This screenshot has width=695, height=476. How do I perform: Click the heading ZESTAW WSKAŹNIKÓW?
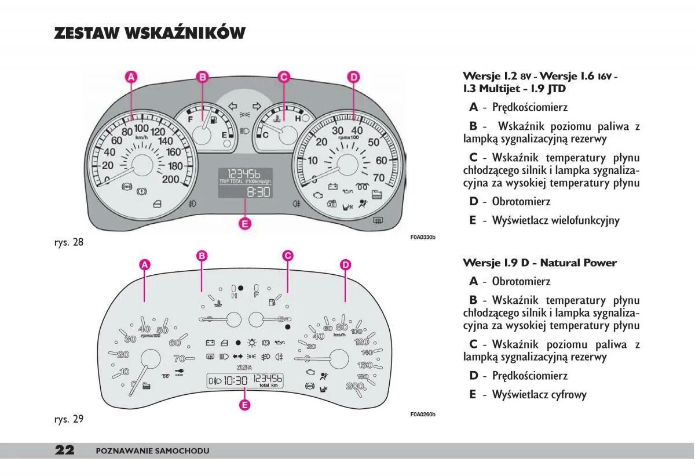pyautogui.click(x=149, y=33)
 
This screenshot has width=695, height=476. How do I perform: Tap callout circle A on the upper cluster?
pyautogui.click(x=131, y=77)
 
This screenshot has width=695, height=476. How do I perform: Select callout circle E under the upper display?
pyautogui.click(x=244, y=223)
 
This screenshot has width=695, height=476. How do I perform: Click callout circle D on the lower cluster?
pyautogui.click(x=345, y=265)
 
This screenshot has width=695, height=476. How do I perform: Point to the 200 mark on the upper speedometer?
pyautogui.click(x=170, y=179)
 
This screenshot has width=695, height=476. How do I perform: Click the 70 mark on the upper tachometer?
pyautogui.click(x=379, y=177)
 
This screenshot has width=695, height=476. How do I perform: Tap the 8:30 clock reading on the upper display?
pyautogui.click(x=258, y=192)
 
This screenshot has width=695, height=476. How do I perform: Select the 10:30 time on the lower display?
pyautogui.click(x=236, y=380)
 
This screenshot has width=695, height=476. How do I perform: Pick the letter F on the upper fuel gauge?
pyautogui.click(x=190, y=119)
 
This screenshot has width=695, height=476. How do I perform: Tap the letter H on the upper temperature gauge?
pyautogui.click(x=298, y=118)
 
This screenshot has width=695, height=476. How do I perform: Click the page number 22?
pyautogui.click(x=64, y=450)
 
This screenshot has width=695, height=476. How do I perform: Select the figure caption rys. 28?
pyautogui.click(x=69, y=242)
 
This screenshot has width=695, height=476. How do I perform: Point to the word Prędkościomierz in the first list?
pyautogui.click(x=529, y=107)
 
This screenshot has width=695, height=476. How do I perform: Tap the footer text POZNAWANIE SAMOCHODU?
pyautogui.click(x=152, y=451)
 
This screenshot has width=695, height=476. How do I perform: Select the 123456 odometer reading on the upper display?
pyautogui.click(x=243, y=174)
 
